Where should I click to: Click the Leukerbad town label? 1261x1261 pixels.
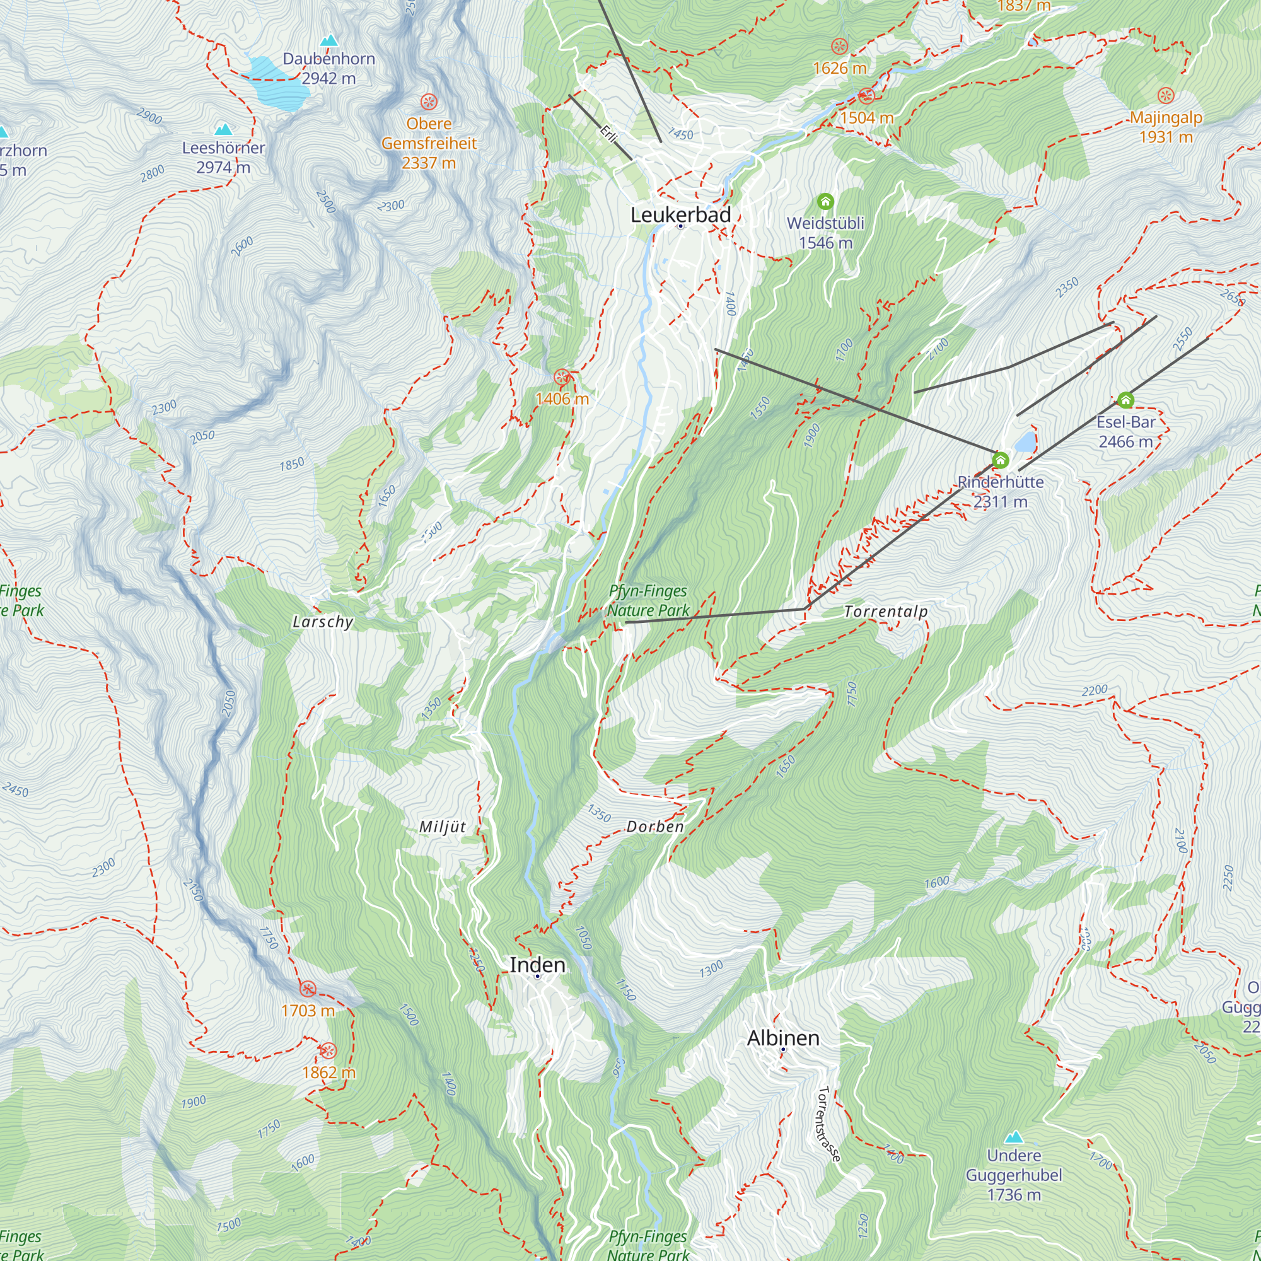[680, 215]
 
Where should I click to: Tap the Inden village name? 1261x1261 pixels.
[537, 965]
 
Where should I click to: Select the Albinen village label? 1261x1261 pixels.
[782, 1038]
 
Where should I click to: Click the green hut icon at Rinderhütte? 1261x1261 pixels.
[1000, 460]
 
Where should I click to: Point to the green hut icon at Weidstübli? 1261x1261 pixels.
[825, 201]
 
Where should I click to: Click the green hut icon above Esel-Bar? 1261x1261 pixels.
[1125, 400]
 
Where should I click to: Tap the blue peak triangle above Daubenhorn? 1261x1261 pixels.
[330, 40]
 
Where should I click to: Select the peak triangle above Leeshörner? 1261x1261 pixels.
[223, 129]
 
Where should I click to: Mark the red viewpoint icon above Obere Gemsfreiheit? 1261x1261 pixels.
[429, 102]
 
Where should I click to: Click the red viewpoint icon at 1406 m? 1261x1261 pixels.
[561, 377]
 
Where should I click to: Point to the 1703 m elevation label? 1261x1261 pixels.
[308, 1010]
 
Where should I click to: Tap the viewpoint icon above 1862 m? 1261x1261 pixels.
[328, 1051]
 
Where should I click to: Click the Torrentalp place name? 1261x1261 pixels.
[886, 612]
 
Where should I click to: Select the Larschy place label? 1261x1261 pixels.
[322, 622]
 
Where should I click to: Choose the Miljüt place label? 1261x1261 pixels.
[443, 827]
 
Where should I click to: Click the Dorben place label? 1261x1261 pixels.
[654, 827]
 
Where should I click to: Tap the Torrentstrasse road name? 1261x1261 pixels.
[828, 1124]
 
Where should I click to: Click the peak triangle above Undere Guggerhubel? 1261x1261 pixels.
[1013, 1137]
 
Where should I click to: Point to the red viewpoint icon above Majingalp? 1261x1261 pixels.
[1166, 96]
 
